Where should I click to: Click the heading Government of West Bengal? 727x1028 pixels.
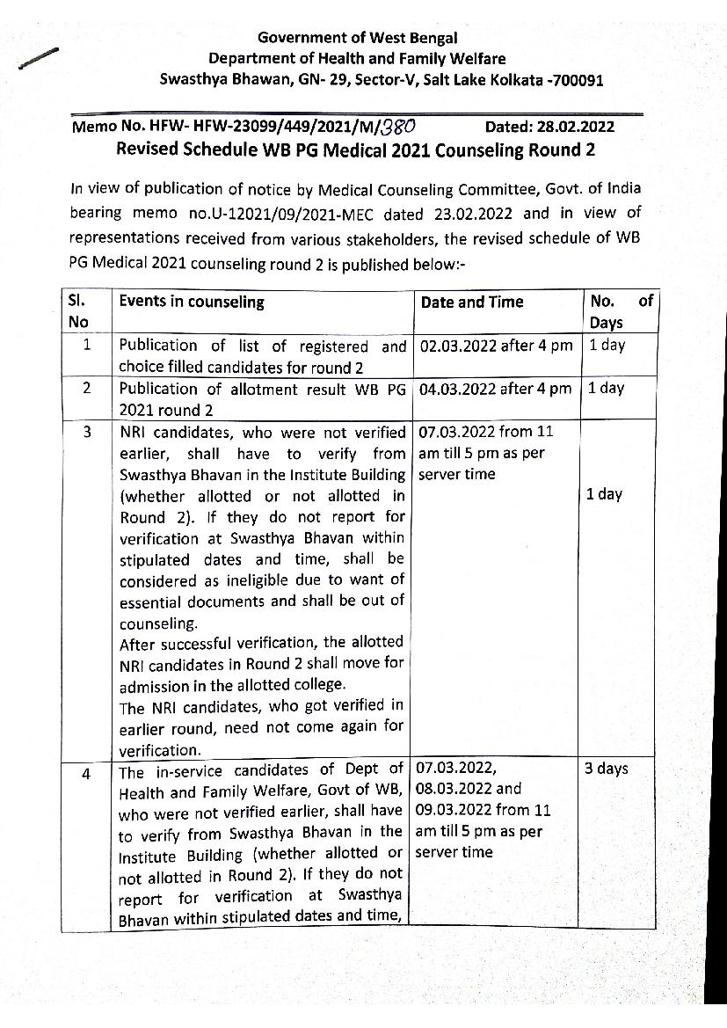(x=357, y=37)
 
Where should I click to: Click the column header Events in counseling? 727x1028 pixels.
(x=192, y=302)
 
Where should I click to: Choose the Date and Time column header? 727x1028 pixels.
(x=472, y=302)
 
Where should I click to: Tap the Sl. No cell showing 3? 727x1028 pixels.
(x=86, y=432)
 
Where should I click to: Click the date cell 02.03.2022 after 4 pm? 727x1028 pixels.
(x=496, y=346)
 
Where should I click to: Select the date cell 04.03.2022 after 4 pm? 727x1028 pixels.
(x=496, y=389)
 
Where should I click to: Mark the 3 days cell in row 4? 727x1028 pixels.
(x=607, y=769)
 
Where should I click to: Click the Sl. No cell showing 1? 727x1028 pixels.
(x=86, y=346)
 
